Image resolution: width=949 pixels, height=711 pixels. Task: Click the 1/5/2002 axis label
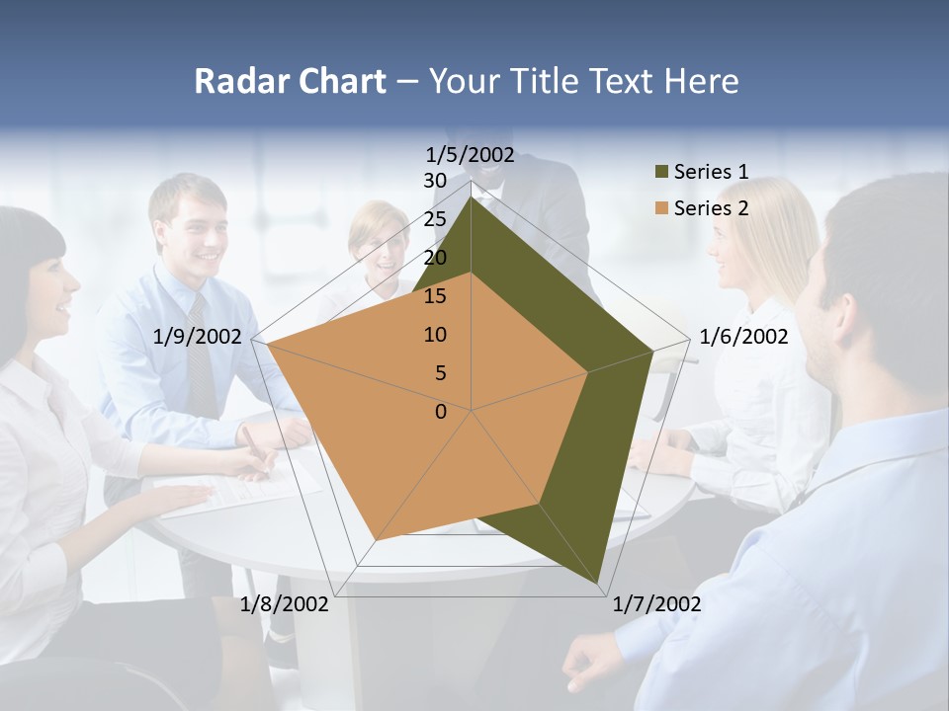point(471,154)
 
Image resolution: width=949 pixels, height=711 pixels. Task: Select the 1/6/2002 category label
point(743,337)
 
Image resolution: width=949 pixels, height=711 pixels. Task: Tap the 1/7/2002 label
point(656,604)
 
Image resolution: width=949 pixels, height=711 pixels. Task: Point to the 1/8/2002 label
point(285,604)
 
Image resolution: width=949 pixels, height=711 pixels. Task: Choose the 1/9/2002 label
point(198,337)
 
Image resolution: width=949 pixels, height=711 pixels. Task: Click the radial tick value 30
point(435,181)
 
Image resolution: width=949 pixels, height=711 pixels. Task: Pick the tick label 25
point(435,219)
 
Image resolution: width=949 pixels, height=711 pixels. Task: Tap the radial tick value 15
point(435,296)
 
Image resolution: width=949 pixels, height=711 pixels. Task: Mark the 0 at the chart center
point(441,412)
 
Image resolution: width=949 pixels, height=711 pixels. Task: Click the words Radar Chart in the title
point(290,81)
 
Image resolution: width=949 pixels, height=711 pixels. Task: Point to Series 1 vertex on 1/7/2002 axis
point(599,585)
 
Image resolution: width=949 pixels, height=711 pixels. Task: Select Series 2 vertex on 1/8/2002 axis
point(376,540)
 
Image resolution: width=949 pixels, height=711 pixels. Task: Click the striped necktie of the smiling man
point(202,355)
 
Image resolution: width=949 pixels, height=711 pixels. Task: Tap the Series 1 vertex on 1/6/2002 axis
point(653,351)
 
